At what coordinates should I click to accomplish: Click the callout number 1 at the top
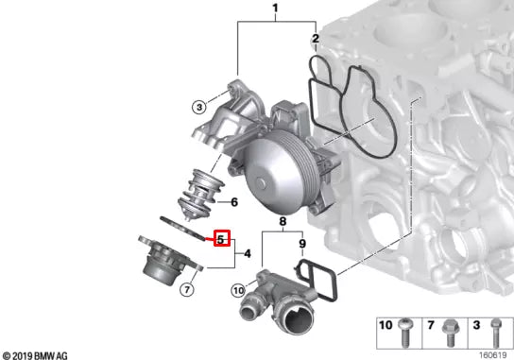(x=275, y=9)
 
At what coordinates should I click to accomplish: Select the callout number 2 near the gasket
(x=316, y=39)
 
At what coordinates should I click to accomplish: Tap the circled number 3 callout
(x=199, y=107)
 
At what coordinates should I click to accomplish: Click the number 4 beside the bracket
(x=248, y=253)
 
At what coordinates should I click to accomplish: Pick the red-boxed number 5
(x=222, y=238)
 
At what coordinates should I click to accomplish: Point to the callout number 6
(x=234, y=202)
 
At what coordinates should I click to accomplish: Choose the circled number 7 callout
(x=187, y=289)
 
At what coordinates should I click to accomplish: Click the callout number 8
(x=283, y=222)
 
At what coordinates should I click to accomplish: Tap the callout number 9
(x=302, y=244)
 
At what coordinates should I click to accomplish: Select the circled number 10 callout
(x=238, y=290)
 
